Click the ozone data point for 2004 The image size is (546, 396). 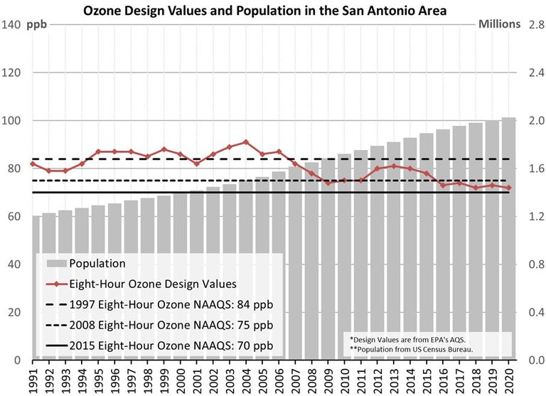pos(245,142)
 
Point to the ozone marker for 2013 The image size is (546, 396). pos(394,166)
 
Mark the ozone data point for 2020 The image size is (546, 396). pos(509,188)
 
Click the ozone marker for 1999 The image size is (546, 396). pos(164,149)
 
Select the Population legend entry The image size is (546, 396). pos(97,263)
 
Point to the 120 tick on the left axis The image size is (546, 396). pos(12,73)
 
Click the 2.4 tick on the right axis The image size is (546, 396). pos(534,73)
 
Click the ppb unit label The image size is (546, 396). pos(36,25)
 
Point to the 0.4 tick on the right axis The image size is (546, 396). pos(534,312)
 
